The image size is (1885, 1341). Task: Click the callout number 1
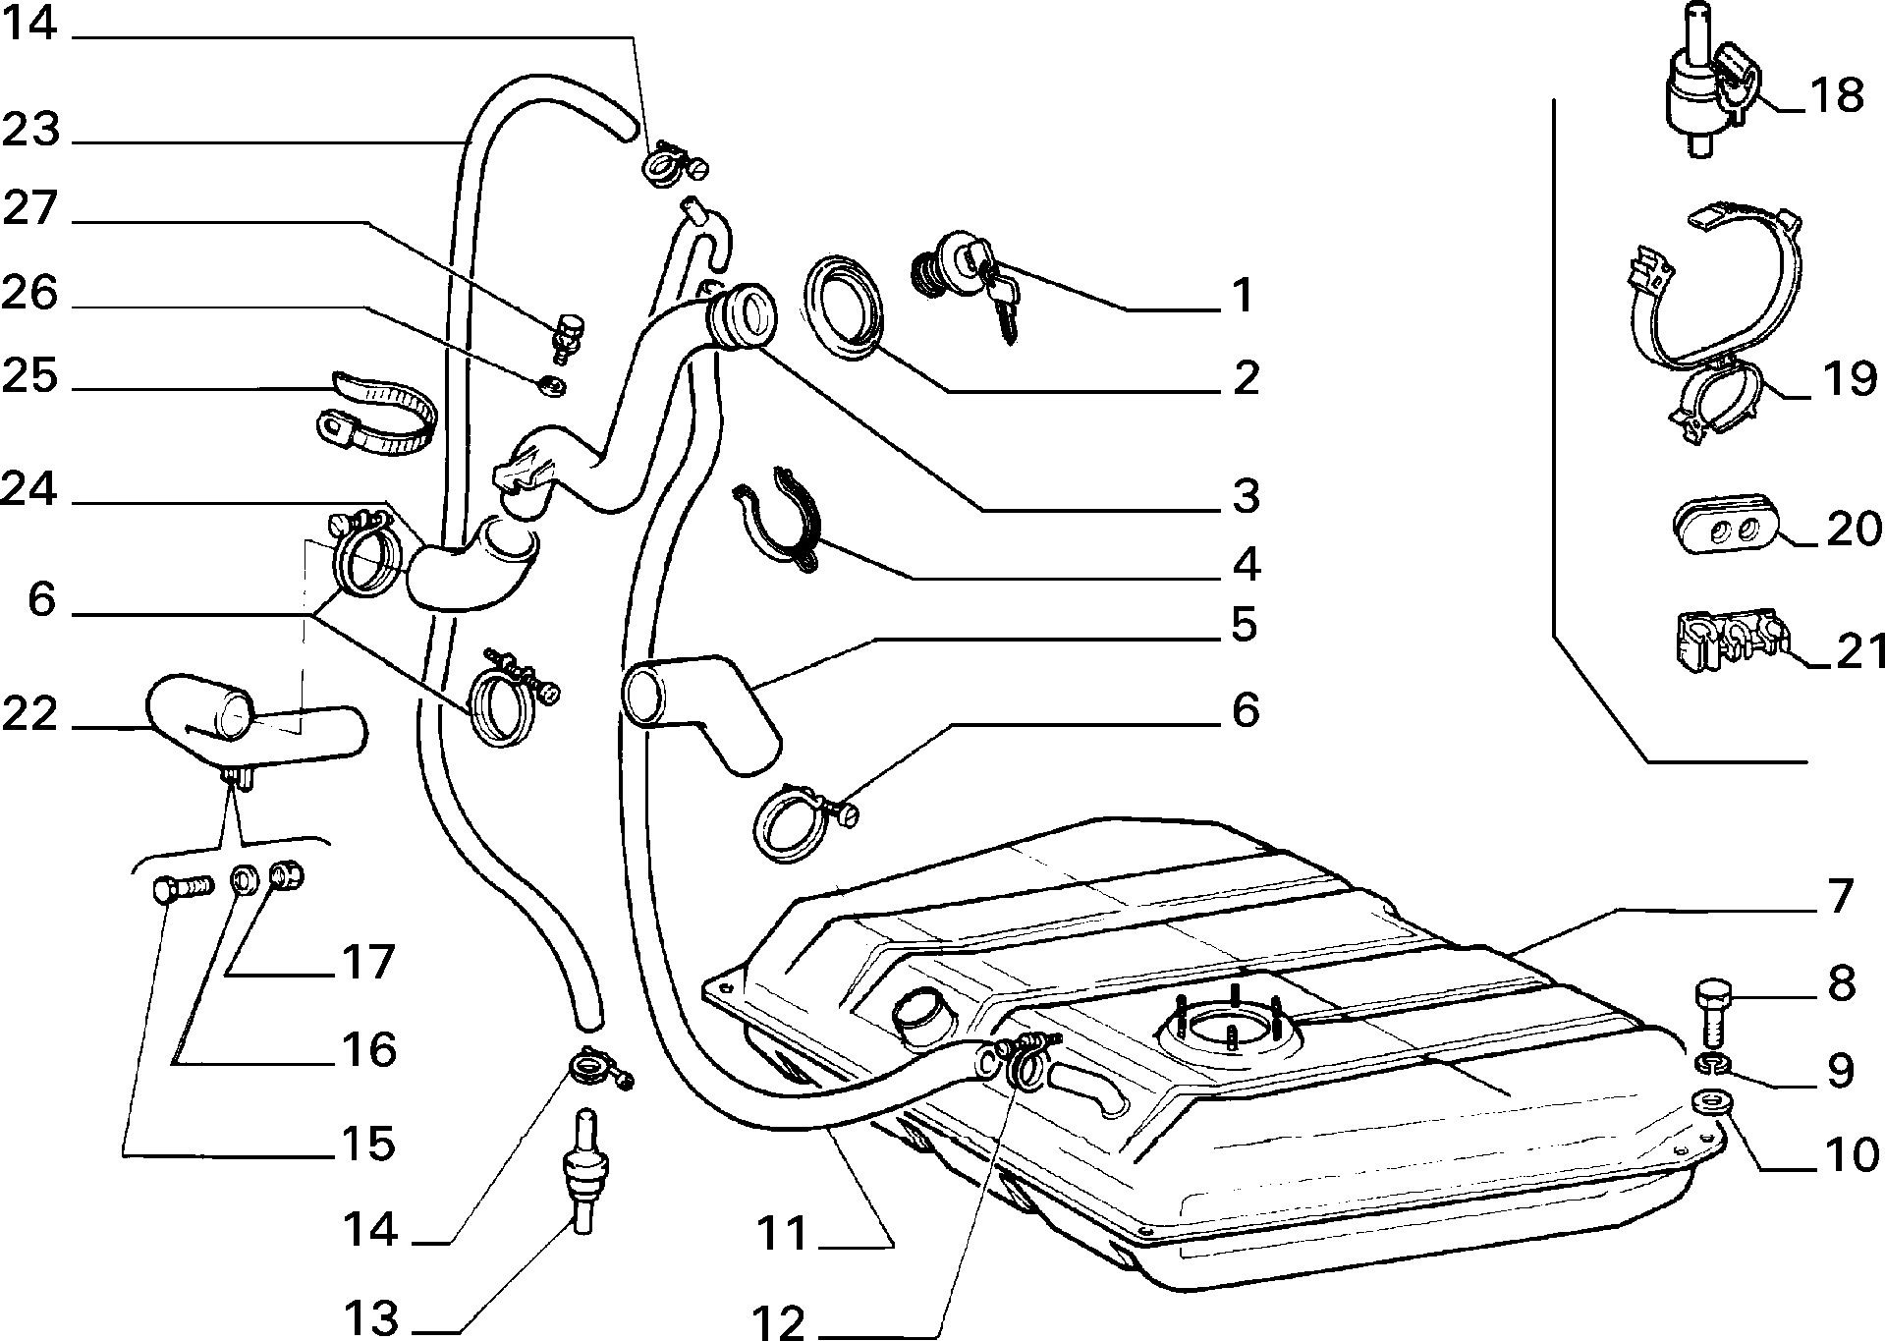[x=1244, y=295]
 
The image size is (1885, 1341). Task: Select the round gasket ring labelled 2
[x=843, y=305]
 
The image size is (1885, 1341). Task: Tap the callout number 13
[x=371, y=1316]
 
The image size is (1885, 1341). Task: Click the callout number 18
[x=1834, y=96]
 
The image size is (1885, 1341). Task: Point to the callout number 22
[x=30, y=714]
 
